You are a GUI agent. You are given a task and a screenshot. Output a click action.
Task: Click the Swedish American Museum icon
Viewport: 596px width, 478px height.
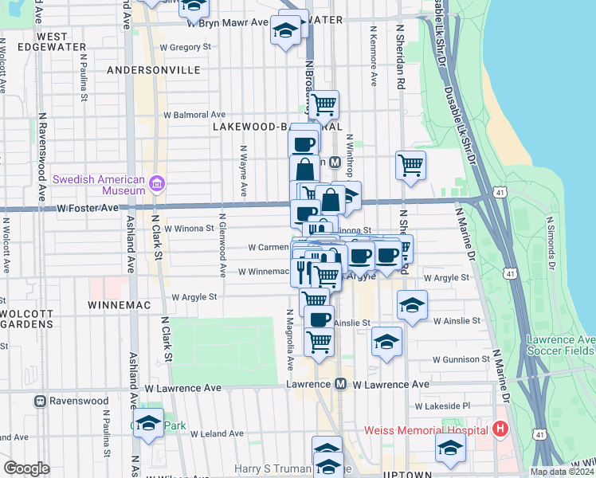point(156,185)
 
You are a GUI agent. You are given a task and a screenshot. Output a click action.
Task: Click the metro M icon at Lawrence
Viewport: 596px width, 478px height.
point(340,384)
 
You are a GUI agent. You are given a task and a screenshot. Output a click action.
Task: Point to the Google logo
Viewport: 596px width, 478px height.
point(26,468)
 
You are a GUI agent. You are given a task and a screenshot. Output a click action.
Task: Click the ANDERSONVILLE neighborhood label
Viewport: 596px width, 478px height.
point(153,70)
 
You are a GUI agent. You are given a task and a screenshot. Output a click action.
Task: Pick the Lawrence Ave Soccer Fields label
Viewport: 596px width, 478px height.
point(560,345)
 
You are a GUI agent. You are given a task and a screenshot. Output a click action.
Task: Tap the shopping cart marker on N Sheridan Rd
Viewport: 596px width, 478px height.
point(410,166)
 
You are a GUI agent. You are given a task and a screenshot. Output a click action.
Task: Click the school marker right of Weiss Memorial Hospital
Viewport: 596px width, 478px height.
point(450,448)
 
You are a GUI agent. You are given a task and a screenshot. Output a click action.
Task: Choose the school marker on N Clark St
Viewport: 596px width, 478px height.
point(148,424)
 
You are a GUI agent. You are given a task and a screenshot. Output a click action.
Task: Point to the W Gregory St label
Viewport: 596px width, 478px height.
point(185,47)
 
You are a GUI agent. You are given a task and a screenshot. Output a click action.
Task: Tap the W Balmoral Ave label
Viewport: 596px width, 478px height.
point(194,115)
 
